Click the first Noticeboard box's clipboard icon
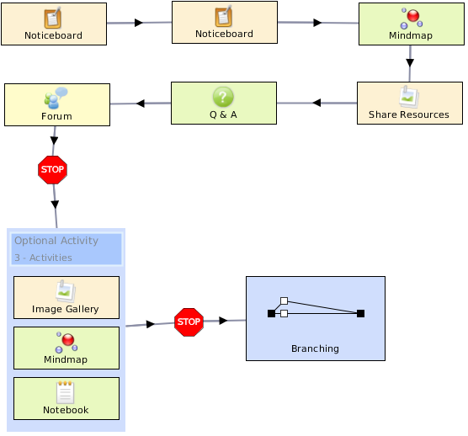pyautogui.click(x=53, y=18)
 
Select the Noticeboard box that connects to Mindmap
pyautogui.click(x=225, y=23)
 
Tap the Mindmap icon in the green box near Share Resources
pyautogui.click(x=412, y=19)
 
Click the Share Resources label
pyautogui.click(x=409, y=114)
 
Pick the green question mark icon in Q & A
pyautogui.click(x=223, y=97)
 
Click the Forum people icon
pyautogui.click(x=56, y=98)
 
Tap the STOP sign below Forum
pyautogui.click(x=52, y=170)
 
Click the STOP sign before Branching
pyautogui.click(x=189, y=322)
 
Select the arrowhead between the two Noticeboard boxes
pyautogui.click(x=139, y=23)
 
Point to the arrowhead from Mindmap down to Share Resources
pyautogui.click(x=410, y=62)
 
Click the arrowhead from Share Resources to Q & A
pyautogui.click(x=316, y=103)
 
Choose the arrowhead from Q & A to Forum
pyautogui.click(x=141, y=104)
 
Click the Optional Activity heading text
pyautogui.click(x=56, y=241)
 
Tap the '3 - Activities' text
pyautogui.click(x=43, y=258)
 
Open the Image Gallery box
pyautogui.click(x=66, y=297)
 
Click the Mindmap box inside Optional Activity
pyautogui.click(x=66, y=348)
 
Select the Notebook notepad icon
pyautogui.click(x=66, y=392)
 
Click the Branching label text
pyautogui.click(x=315, y=348)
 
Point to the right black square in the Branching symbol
pyautogui.click(x=360, y=313)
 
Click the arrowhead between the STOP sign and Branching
pyautogui.click(x=223, y=321)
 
